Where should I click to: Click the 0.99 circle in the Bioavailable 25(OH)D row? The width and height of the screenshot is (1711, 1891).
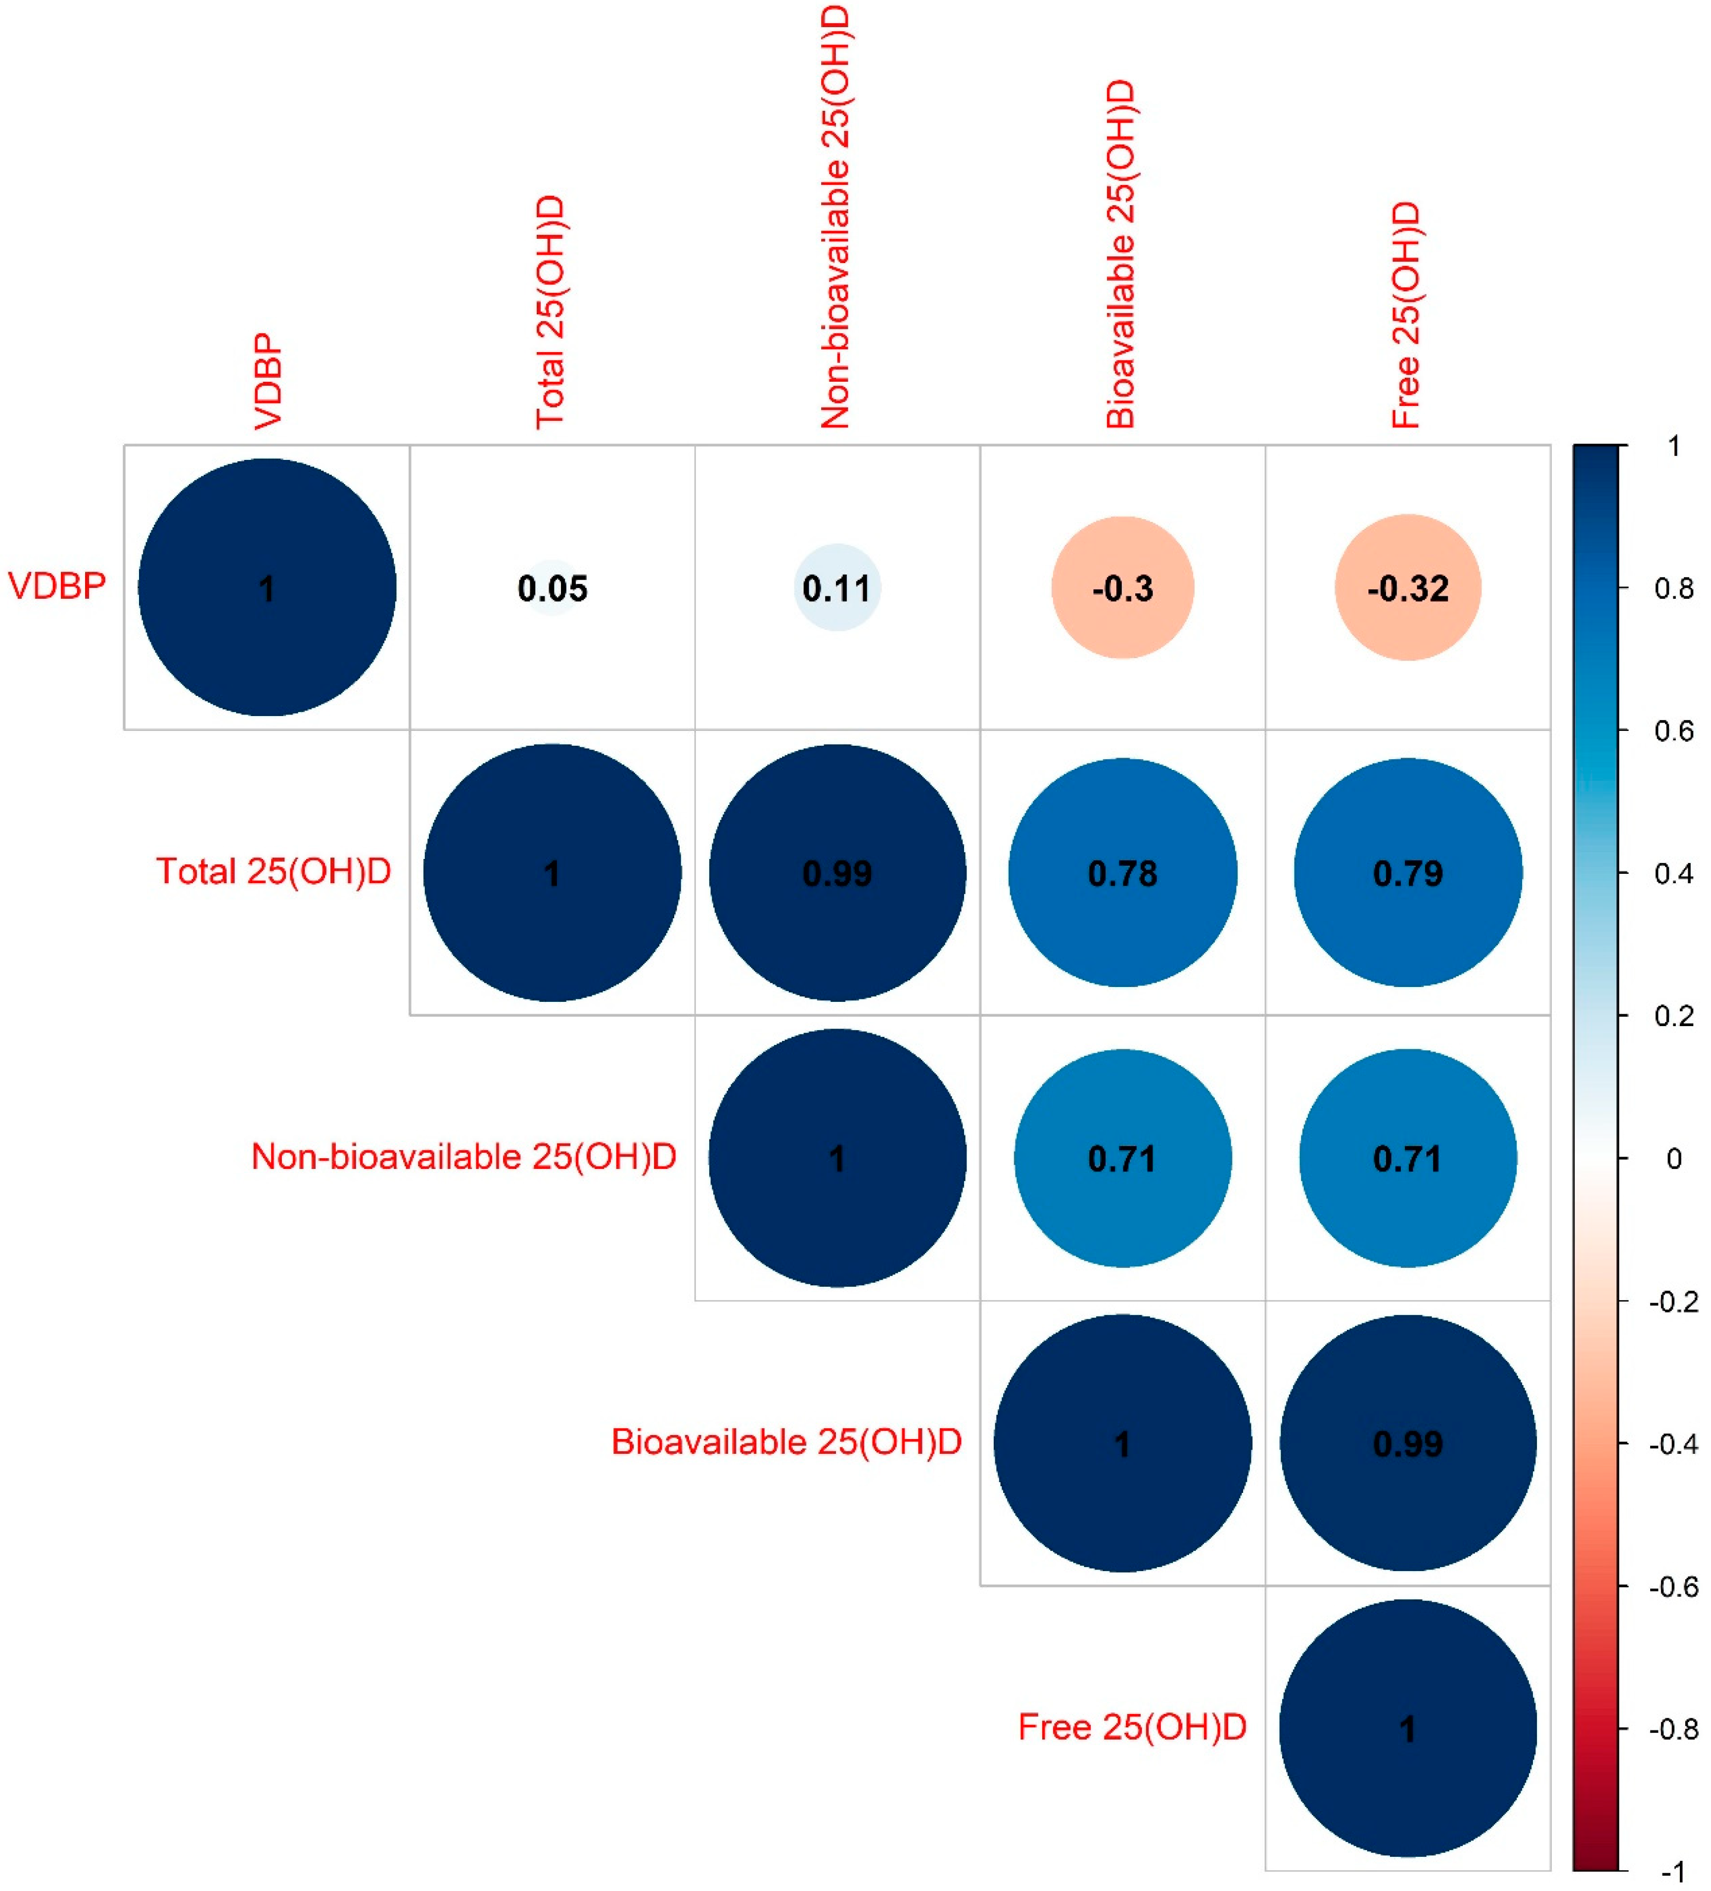pos(1407,1443)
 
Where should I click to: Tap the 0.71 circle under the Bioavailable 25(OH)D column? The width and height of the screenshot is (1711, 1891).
pos(1122,1159)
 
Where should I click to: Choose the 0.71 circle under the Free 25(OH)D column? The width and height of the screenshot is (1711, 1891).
pos(1407,1159)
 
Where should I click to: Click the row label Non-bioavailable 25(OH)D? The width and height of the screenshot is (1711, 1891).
pos(463,1157)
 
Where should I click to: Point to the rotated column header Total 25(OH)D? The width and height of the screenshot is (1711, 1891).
pos(551,313)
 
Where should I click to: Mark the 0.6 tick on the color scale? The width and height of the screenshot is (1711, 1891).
pos(1672,731)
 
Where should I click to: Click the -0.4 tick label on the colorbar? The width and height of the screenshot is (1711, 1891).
pos(1672,1443)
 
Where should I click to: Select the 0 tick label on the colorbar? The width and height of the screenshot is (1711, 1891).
pos(1672,1159)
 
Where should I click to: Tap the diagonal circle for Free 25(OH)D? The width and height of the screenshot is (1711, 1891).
pos(1407,1729)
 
